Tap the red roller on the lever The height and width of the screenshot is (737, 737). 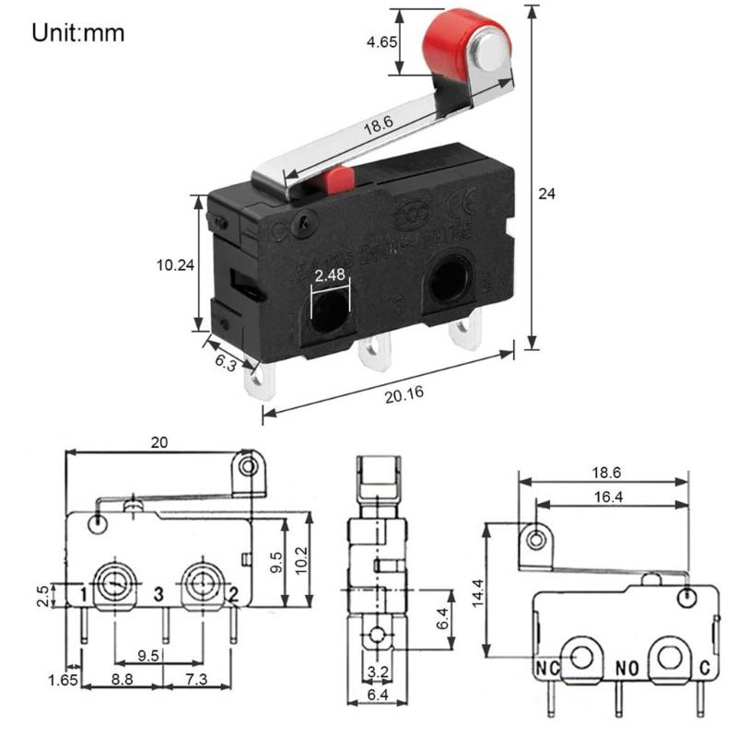tap(458, 46)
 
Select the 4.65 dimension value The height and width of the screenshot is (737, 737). tap(381, 42)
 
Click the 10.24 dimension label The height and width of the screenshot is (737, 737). tap(175, 264)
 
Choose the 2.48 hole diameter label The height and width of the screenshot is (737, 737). tap(330, 275)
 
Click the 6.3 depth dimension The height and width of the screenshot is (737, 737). tap(226, 363)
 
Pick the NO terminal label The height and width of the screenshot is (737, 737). tap(626, 664)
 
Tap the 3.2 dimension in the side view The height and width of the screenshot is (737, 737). tap(378, 671)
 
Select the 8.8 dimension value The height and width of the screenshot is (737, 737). tap(121, 678)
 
